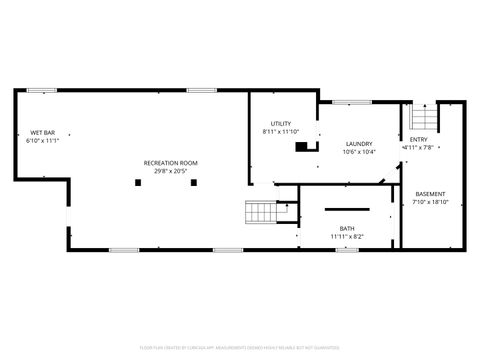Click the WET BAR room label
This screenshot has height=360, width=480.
(42, 133)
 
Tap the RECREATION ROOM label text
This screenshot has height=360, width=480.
(170, 162)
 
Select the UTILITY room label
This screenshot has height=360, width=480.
(280, 123)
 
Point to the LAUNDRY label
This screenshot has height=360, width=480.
(358, 144)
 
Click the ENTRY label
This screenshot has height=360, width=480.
(418, 139)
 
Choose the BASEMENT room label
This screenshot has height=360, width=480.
(430, 194)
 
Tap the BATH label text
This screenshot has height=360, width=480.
(346, 229)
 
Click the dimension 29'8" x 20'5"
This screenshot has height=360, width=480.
(170, 170)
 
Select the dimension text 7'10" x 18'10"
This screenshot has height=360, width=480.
(430, 202)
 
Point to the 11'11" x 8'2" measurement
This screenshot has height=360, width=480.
(346, 237)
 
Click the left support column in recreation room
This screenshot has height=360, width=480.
(138, 182)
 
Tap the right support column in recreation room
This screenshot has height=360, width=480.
(195, 182)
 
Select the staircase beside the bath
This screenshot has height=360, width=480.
(262, 212)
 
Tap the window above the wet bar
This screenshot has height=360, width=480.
(42, 91)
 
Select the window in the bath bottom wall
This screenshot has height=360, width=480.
(346, 249)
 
